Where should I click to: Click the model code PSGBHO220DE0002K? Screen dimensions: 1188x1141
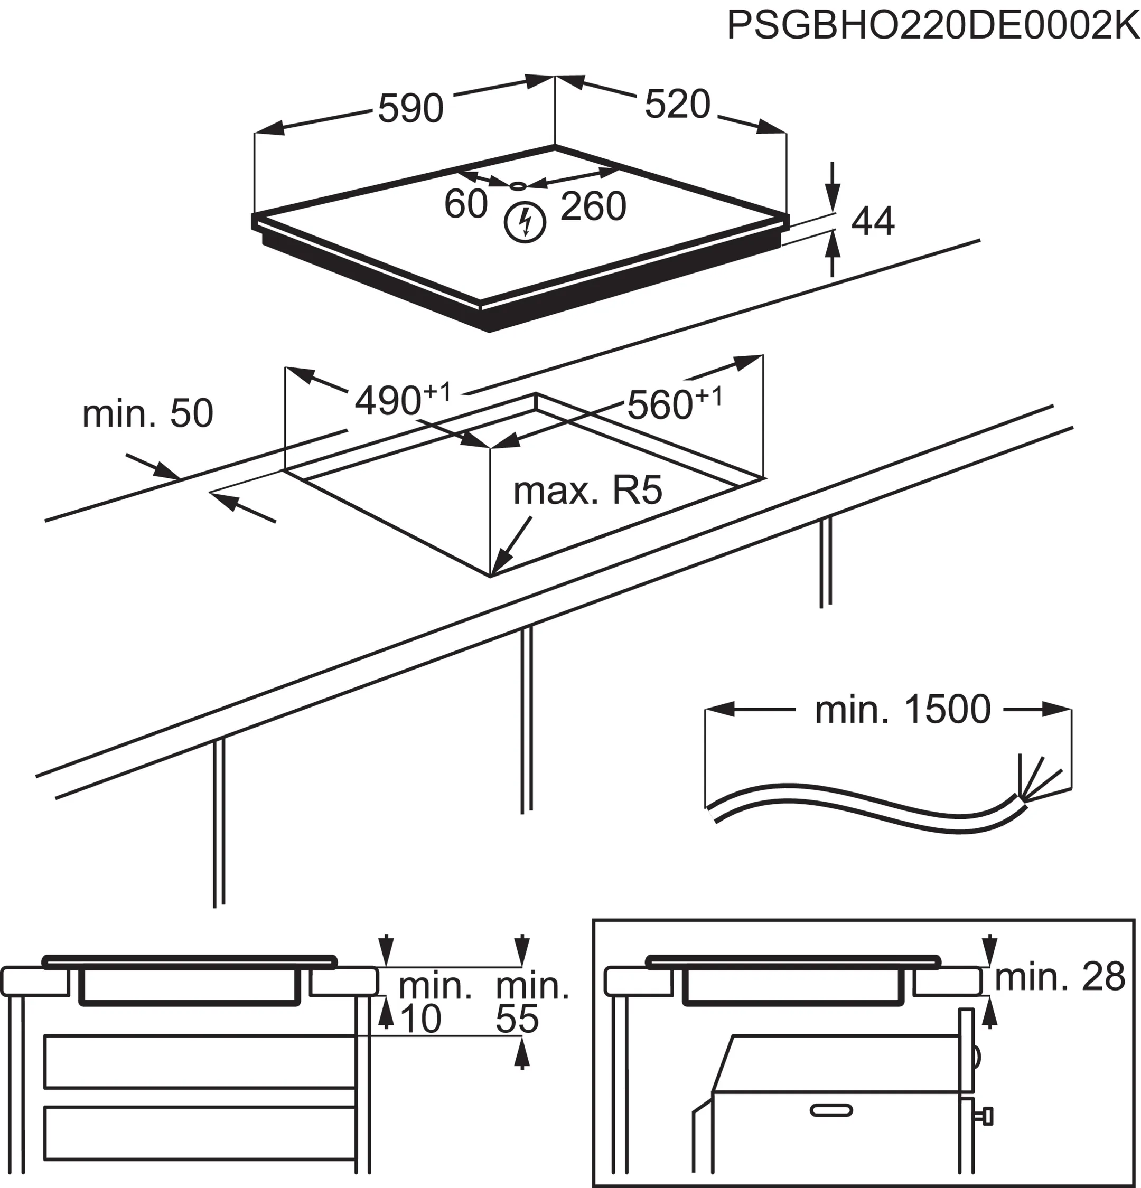coord(932,26)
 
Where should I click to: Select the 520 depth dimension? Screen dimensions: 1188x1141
coord(677,103)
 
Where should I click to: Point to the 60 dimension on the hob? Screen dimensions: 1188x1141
coord(465,204)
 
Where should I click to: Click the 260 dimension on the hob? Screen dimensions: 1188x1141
coord(592,206)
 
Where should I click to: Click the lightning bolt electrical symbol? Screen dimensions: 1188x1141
coord(525,222)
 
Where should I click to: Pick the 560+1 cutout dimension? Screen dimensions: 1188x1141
coord(674,403)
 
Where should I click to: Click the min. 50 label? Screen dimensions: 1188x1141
coord(147,413)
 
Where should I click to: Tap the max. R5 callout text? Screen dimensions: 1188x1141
coord(587,491)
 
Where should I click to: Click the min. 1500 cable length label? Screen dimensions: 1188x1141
coord(902,710)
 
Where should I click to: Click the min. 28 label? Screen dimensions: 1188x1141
coord(1059,978)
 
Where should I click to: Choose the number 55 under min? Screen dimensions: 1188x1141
coord(517,1020)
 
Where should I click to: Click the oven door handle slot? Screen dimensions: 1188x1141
coord(831,1110)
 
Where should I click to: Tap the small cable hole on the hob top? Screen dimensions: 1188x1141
coord(519,185)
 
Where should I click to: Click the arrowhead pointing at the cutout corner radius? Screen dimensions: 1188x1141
coord(501,561)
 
